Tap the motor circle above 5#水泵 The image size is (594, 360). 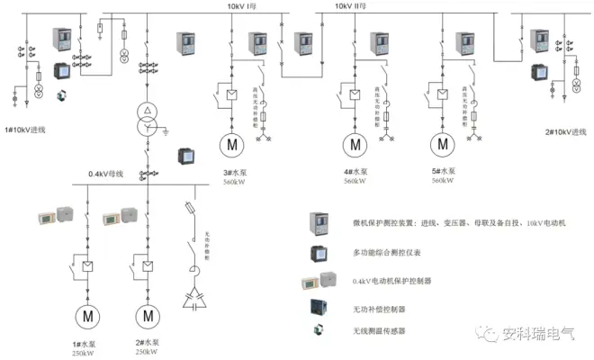441,144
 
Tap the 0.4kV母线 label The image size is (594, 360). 108,174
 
